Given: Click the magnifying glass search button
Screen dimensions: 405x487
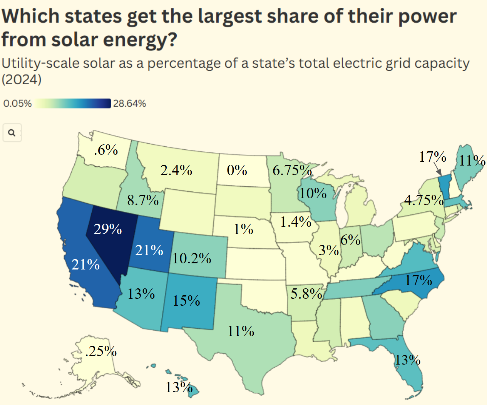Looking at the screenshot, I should (x=12, y=133).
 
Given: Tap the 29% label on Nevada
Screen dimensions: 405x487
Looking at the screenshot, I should (x=108, y=229).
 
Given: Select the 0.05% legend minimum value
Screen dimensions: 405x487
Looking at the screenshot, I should (x=17, y=104).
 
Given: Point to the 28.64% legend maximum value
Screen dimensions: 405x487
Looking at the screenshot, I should (x=129, y=104).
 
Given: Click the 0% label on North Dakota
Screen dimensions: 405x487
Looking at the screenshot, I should (x=237, y=170).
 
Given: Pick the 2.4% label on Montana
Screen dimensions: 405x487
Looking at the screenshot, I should (x=176, y=170).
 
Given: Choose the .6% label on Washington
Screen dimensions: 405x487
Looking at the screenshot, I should (x=106, y=150).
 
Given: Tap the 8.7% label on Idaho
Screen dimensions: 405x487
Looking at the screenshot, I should (x=143, y=200).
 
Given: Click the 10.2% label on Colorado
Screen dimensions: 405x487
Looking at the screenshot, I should (x=192, y=258).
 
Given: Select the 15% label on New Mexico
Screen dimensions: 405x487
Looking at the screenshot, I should (x=186, y=300).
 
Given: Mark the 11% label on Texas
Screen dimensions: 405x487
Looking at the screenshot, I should (x=241, y=331).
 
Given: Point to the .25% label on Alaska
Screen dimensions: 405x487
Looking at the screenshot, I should (x=100, y=351).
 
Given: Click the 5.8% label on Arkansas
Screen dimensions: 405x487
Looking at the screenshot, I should (x=306, y=294).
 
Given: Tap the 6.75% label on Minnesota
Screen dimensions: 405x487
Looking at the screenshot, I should (x=292, y=170).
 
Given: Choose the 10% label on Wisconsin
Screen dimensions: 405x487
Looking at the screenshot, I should (x=313, y=193).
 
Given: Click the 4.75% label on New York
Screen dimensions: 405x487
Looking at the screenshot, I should (x=423, y=200).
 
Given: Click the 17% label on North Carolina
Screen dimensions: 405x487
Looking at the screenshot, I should (x=418, y=280).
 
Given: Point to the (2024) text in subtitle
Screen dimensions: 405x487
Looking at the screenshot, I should (x=22, y=80).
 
